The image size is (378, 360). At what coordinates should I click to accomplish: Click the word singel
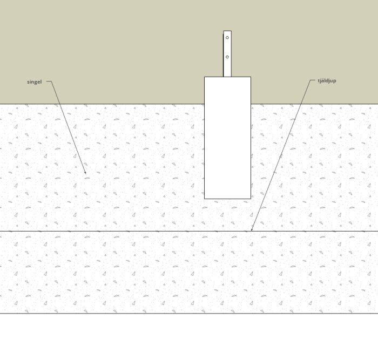point(34,82)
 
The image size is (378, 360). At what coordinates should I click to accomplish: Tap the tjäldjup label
point(327,81)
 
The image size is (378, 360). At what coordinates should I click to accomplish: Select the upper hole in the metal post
point(227,38)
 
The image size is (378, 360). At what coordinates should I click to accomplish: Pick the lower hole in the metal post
point(227,57)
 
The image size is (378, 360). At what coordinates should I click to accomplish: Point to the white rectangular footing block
point(227,138)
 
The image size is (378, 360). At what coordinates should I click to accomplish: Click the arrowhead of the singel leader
point(85,173)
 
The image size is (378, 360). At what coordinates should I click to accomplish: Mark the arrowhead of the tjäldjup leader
point(252,230)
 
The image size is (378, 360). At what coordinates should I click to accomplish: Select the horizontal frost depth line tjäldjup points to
point(135,231)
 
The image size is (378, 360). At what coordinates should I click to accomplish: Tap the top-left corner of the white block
point(205,77)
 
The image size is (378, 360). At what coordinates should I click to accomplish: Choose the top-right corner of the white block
point(251,77)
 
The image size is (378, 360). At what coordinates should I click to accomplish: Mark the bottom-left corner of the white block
point(205,199)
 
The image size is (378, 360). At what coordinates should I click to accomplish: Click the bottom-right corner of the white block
point(251,199)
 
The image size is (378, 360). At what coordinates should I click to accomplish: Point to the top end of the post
point(227,31)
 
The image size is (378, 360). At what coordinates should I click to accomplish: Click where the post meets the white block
point(227,77)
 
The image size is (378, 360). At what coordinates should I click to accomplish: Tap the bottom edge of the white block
point(227,199)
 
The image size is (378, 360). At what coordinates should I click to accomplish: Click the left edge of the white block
point(205,138)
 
